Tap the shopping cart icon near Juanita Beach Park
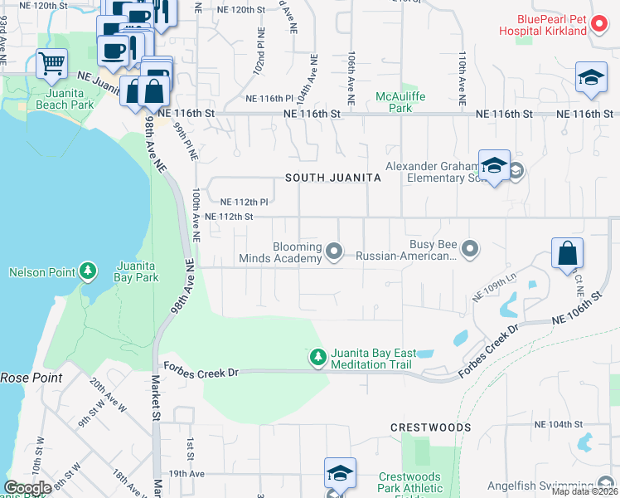(x=51, y=63)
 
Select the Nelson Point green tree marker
(x=87, y=271)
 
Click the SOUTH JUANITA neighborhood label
(x=333, y=178)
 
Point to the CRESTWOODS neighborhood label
(x=430, y=427)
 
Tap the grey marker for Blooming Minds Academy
(x=334, y=250)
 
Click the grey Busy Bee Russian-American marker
(x=470, y=247)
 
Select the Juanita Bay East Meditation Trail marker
(x=317, y=357)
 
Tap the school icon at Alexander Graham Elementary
(x=493, y=165)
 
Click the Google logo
(x=27, y=488)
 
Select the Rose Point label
(x=25, y=378)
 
